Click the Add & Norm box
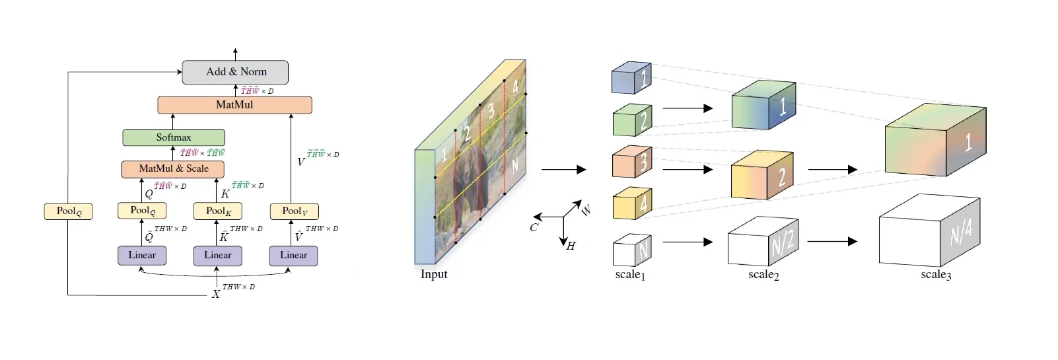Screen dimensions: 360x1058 (x=235, y=72)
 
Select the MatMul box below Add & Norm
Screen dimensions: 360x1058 (x=234, y=105)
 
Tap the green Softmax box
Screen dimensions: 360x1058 (x=174, y=137)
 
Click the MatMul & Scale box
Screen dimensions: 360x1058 (x=173, y=169)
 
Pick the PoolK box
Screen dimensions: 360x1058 (x=218, y=211)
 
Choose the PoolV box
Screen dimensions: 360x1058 (x=295, y=211)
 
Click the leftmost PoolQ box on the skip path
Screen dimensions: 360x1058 (x=68, y=211)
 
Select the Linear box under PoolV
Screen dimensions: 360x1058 (x=293, y=256)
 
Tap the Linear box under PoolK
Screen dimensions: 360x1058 (x=217, y=256)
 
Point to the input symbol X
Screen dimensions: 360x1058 (x=216, y=294)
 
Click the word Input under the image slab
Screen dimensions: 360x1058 (x=434, y=274)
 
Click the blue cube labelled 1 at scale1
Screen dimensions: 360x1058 (x=631, y=79)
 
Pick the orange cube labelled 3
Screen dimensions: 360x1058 (x=631, y=162)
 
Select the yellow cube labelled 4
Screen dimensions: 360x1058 (x=632, y=203)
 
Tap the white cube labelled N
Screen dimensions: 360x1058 (x=632, y=250)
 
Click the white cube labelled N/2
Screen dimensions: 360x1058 (x=763, y=242)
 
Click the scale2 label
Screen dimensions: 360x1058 (x=763, y=275)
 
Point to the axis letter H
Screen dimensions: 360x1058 (x=571, y=246)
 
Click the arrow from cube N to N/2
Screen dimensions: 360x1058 (x=688, y=242)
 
